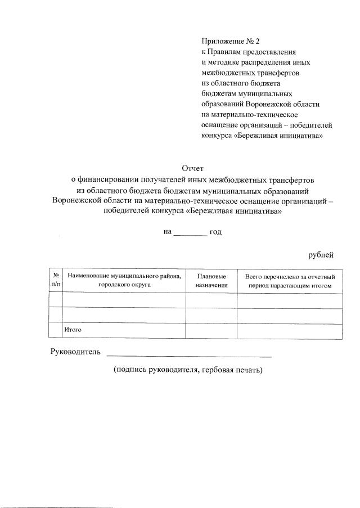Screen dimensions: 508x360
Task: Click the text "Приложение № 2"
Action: [x=231, y=41]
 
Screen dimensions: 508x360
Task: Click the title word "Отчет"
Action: [x=192, y=168]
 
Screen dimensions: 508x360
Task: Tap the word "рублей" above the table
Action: [x=321, y=255]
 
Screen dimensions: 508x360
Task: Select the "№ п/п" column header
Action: [x=56, y=281]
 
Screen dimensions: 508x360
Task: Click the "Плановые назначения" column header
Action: [x=211, y=281]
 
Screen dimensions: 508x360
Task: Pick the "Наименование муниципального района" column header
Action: [x=124, y=281]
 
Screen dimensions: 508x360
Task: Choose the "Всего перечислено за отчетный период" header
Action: [x=290, y=281]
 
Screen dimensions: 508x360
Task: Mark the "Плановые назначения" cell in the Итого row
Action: [x=211, y=331]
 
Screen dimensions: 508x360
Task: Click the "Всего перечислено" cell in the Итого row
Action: [x=290, y=331]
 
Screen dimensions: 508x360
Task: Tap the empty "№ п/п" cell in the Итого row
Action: [x=56, y=331]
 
